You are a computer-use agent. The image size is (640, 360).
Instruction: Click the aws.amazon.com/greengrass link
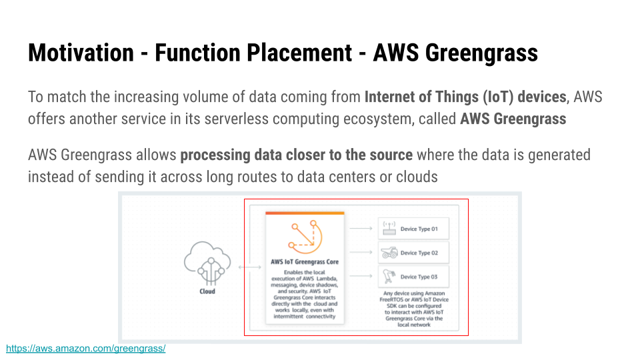pyautogui.click(x=85, y=349)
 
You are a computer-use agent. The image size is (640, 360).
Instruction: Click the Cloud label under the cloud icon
pyautogui.click(x=207, y=291)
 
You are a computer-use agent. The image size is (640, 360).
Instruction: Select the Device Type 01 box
pyautogui.click(x=413, y=229)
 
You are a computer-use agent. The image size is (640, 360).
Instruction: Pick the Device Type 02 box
pyautogui.click(x=413, y=253)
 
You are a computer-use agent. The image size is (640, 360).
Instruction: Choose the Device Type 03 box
pyautogui.click(x=413, y=277)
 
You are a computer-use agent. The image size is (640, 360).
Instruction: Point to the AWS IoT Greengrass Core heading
pyautogui.click(x=305, y=262)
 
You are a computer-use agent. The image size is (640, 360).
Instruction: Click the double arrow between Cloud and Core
pyautogui.click(x=250, y=268)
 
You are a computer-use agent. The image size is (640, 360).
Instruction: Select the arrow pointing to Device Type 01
pyautogui.click(x=361, y=229)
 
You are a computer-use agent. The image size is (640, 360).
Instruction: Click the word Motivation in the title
pyautogui.click(x=80, y=52)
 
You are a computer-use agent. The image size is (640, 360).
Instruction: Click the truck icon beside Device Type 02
pyautogui.click(x=389, y=253)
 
